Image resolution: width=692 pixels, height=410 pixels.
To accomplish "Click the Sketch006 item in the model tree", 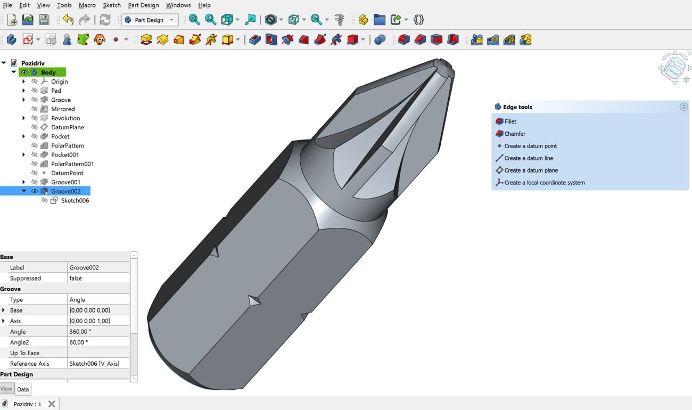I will tap(75, 201).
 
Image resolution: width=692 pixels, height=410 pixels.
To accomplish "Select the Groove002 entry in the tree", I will tap(65, 191).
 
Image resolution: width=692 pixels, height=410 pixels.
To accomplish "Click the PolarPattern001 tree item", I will tap(72, 164).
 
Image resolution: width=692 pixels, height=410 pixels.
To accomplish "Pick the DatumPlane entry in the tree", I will tap(67, 127).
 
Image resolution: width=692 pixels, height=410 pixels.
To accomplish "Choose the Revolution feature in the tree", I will tap(65, 118).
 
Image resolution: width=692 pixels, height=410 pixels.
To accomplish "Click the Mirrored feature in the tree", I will tap(62, 109).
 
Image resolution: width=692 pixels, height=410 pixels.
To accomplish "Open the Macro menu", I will tap(87, 5).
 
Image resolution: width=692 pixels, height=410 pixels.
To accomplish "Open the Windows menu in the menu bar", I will tap(178, 5).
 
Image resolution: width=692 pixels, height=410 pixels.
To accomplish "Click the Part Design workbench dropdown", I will tap(150, 20).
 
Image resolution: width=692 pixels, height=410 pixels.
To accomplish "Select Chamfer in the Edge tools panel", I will tap(514, 134).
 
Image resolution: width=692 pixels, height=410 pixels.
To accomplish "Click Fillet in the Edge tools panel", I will tap(510, 121).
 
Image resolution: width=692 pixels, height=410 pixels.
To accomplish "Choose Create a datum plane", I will tap(531, 170).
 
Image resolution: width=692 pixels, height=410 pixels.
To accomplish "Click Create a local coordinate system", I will tap(544, 183).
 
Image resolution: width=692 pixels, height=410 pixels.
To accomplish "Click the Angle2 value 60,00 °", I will tap(98, 342).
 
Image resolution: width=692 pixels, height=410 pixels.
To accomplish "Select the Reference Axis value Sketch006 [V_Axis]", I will tap(98, 364).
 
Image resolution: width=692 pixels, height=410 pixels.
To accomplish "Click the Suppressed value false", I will tap(98, 278).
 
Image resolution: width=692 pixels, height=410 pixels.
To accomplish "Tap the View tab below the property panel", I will tap(6, 389).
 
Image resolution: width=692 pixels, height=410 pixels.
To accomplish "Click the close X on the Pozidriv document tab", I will tap(52, 404).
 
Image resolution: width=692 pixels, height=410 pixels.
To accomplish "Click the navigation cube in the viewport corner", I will tap(674, 67).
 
